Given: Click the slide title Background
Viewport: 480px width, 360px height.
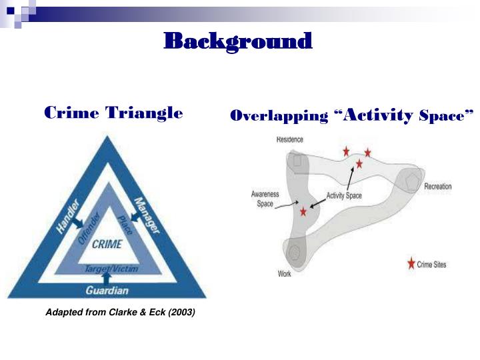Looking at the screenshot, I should (238, 41).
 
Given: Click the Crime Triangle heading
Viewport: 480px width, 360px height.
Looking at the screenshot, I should (113, 113).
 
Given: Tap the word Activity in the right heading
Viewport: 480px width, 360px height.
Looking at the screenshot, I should (382, 116).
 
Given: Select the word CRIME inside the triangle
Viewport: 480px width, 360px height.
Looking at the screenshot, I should (107, 244).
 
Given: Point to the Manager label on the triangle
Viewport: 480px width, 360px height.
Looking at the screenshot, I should (147, 215).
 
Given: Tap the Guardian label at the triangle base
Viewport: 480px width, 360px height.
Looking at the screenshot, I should (107, 291).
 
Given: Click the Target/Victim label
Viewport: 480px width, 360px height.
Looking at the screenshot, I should (107, 268).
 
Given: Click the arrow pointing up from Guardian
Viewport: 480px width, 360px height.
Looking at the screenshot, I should (107, 278).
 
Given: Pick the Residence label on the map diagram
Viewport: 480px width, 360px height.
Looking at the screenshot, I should (289, 140).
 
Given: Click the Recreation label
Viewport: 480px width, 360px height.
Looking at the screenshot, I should (437, 187).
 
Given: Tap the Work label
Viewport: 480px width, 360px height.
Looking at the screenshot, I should (284, 274).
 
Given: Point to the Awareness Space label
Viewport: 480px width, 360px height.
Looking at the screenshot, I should (265, 199).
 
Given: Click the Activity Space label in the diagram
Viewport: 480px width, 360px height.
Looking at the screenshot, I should (344, 196).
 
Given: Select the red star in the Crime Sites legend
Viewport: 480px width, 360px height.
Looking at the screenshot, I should (411, 264).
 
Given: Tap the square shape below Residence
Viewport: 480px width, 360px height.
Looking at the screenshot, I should (297, 160).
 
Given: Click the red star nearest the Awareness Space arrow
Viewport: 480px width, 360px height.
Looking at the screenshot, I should (304, 211).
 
